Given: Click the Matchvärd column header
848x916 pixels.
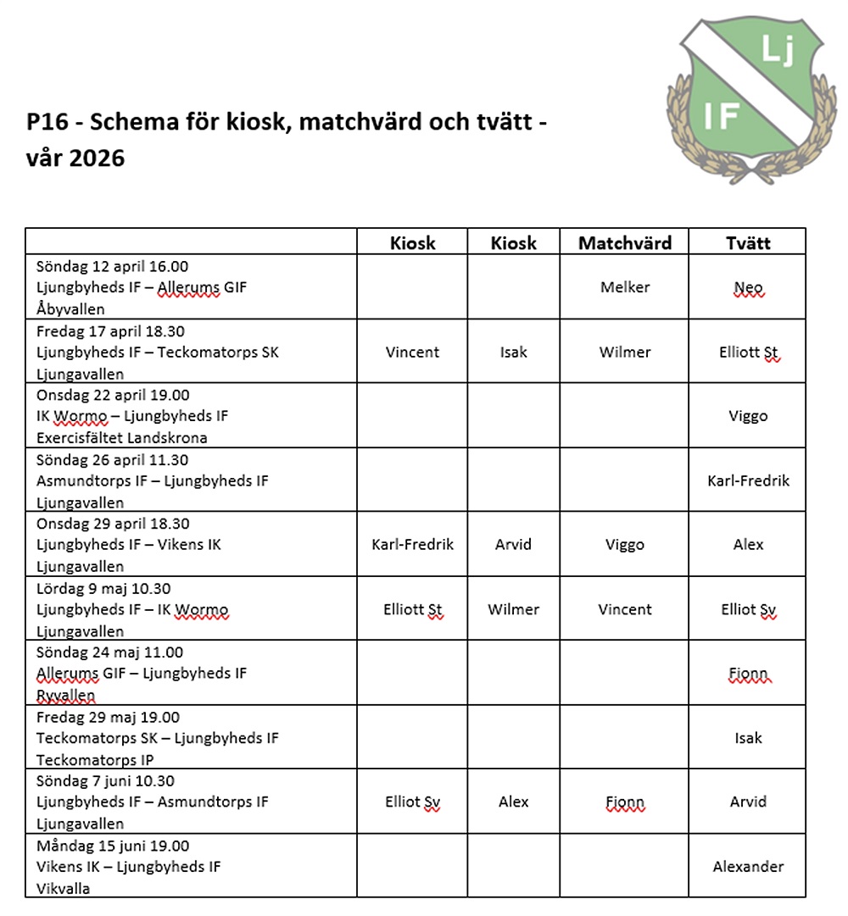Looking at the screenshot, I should click(x=625, y=243).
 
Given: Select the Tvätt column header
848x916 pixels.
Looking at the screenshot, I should click(x=748, y=243).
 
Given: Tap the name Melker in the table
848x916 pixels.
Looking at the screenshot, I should click(x=625, y=287).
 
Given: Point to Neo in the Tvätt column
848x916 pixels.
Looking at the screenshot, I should click(x=748, y=288).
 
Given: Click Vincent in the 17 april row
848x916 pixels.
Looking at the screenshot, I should click(x=412, y=352).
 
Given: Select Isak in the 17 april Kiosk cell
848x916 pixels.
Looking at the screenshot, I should click(x=514, y=352).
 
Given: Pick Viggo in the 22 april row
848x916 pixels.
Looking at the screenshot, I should click(x=748, y=416).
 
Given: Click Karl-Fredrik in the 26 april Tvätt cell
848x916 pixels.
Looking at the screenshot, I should click(x=748, y=480).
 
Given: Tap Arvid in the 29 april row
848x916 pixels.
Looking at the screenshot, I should click(x=514, y=545).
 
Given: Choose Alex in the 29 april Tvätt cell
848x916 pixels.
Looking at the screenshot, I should click(x=748, y=545).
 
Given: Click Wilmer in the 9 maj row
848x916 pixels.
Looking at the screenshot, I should click(x=514, y=609).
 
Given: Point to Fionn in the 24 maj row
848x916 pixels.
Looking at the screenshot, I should click(x=748, y=674).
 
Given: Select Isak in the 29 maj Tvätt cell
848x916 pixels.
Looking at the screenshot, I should click(x=748, y=738).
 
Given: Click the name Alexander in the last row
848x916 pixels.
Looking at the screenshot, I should click(x=748, y=866).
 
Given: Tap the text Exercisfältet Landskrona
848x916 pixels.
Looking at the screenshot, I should click(x=121, y=438).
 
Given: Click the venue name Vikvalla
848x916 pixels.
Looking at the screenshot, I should click(x=63, y=889).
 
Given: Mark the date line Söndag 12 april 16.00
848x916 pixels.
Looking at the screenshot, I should click(x=112, y=265).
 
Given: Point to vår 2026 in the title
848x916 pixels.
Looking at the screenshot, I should click(x=75, y=158).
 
